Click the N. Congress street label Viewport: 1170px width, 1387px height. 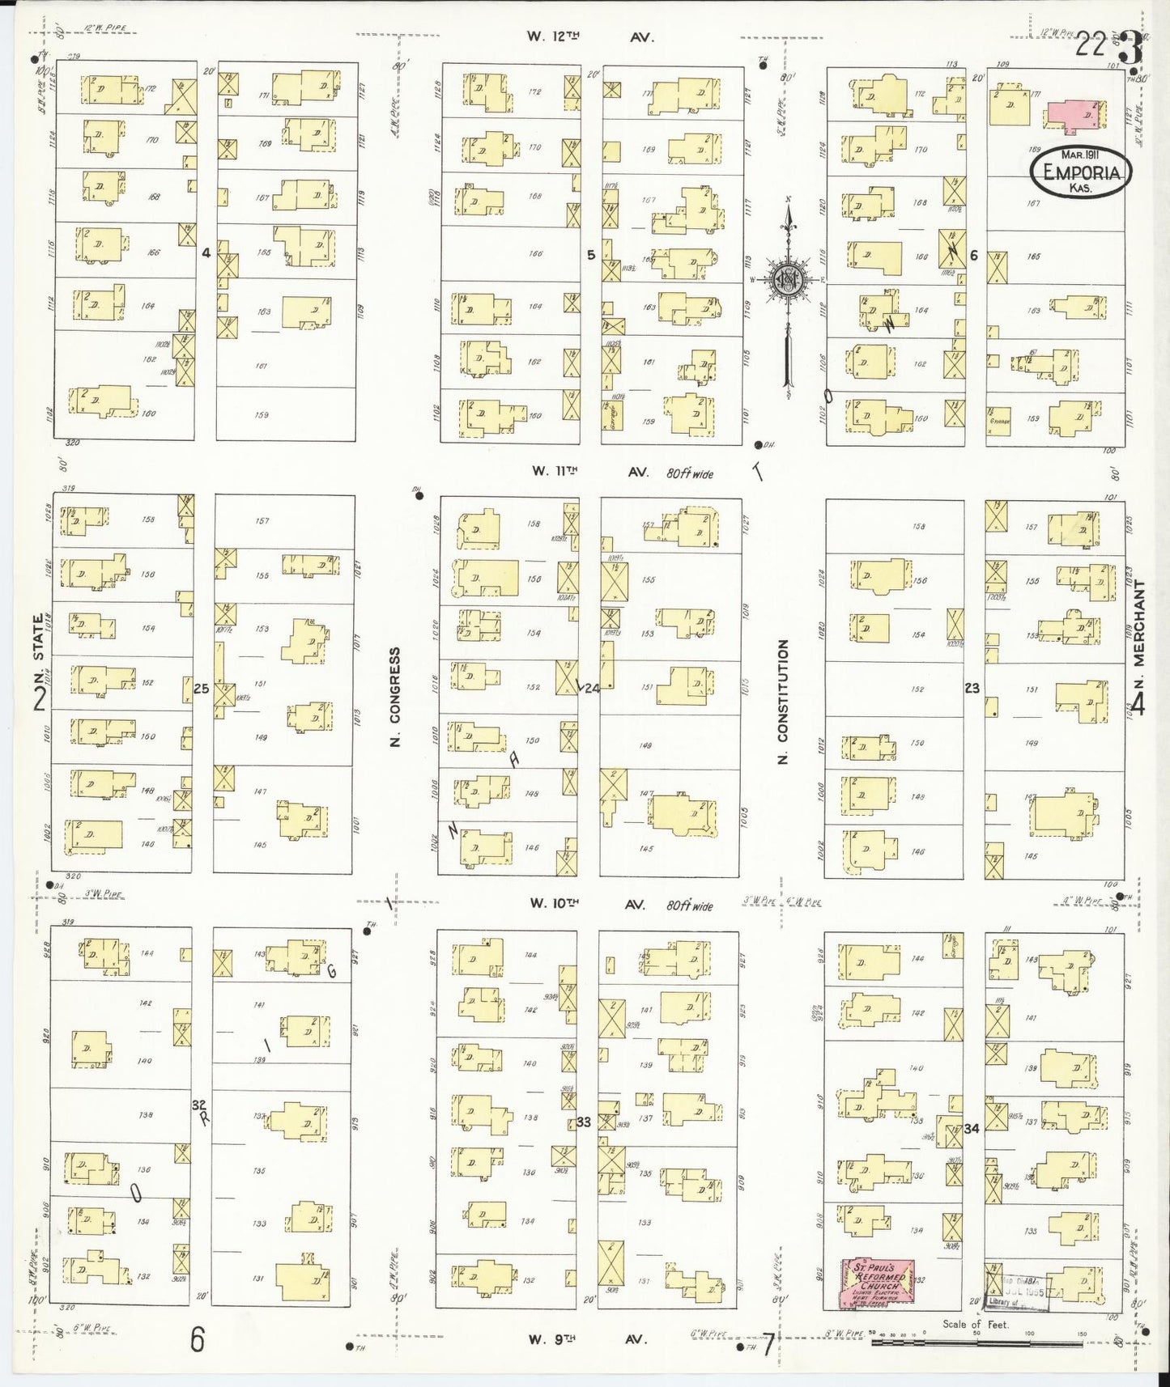point(396,696)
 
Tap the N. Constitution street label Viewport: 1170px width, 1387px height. point(782,701)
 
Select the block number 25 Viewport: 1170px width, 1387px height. point(202,689)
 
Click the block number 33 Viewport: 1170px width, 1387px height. point(584,1122)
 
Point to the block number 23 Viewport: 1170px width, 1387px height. point(972,689)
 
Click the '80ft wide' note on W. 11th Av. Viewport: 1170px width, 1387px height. point(690,474)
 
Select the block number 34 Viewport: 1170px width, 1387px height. point(972,1127)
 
